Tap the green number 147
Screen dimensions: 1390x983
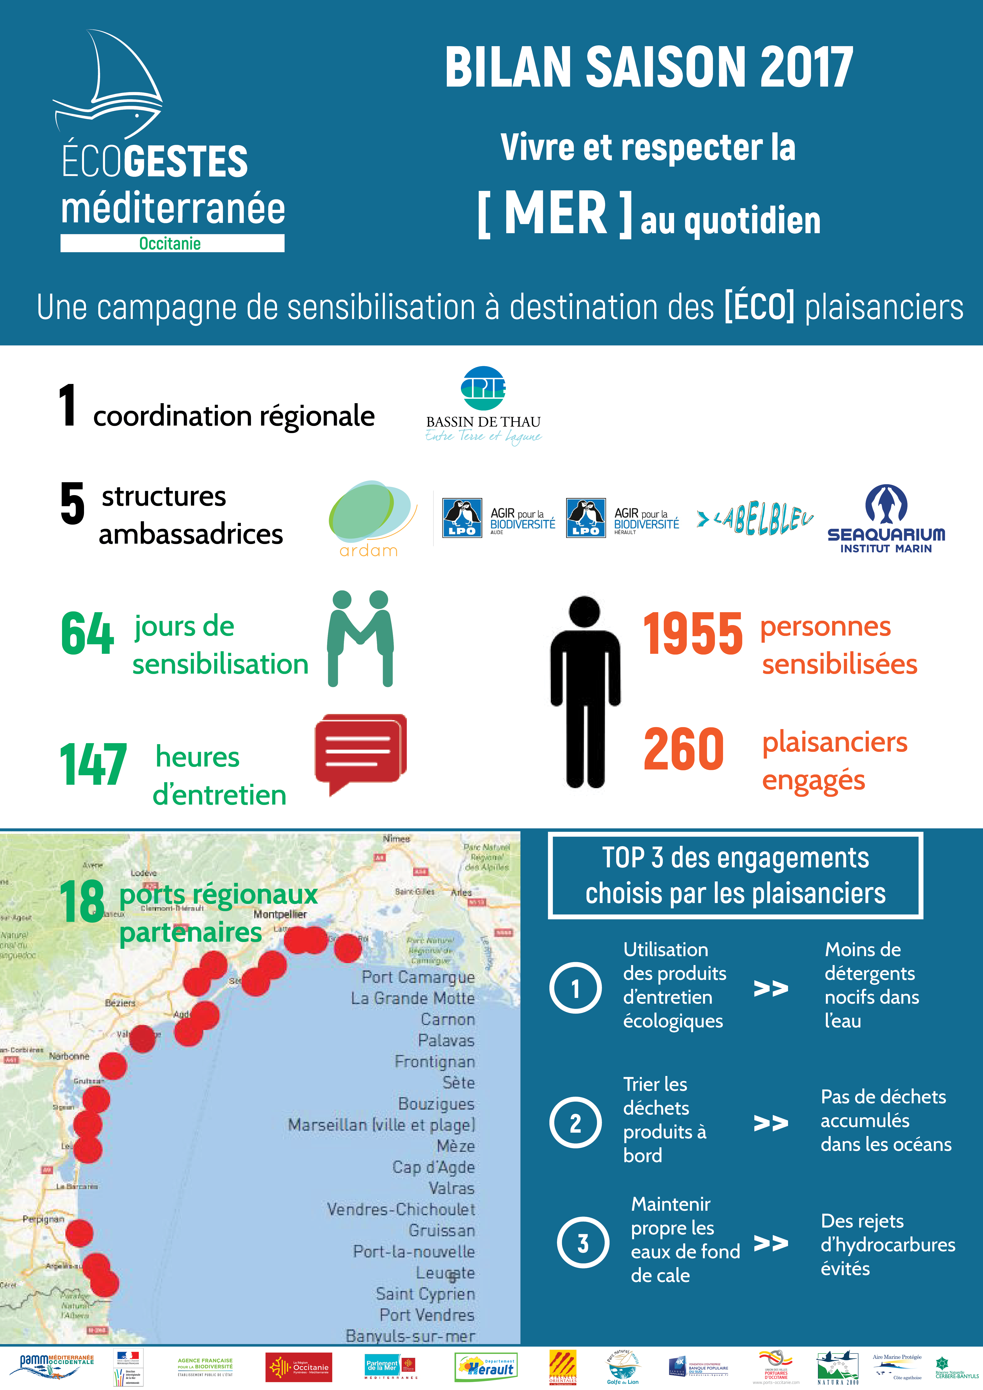(93, 765)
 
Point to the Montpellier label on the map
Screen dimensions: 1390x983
(280, 914)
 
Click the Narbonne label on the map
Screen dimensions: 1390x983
(69, 1056)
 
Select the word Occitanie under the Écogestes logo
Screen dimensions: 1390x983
(170, 243)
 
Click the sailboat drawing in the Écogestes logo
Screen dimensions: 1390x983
(112, 85)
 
